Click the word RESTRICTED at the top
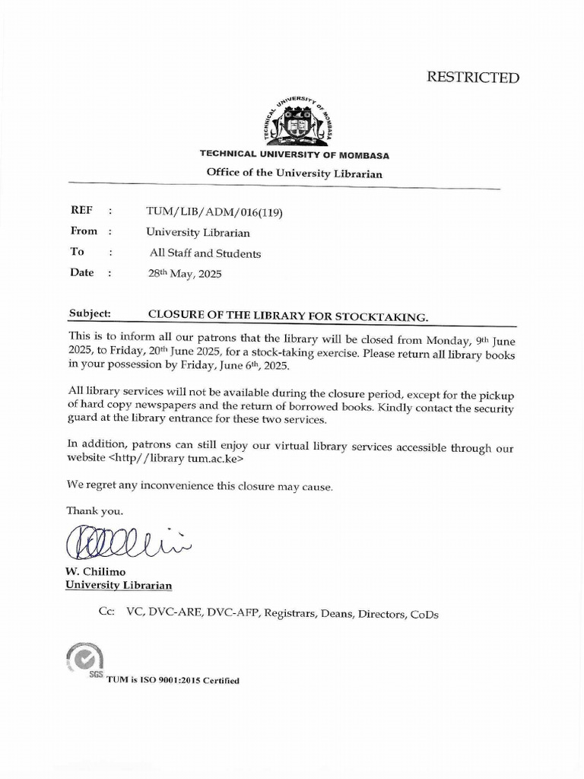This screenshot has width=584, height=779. (472, 78)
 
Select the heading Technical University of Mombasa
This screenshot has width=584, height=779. (294, 154)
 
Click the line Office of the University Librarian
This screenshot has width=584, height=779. (294, 173)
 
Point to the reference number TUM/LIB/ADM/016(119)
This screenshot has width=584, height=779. (214, 212)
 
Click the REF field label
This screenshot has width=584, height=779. (81, 211)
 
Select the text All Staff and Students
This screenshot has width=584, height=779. (205, 253)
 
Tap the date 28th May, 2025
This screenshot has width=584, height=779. (185, 274)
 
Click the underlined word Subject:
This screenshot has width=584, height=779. (90, 313)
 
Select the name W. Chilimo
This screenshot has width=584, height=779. (95, 571)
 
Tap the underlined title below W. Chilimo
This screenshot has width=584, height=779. (119, 585)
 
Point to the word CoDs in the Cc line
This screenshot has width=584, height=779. (425, 614)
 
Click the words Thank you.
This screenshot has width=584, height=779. (94, 510)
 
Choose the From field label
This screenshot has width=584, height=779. (84, 231)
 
